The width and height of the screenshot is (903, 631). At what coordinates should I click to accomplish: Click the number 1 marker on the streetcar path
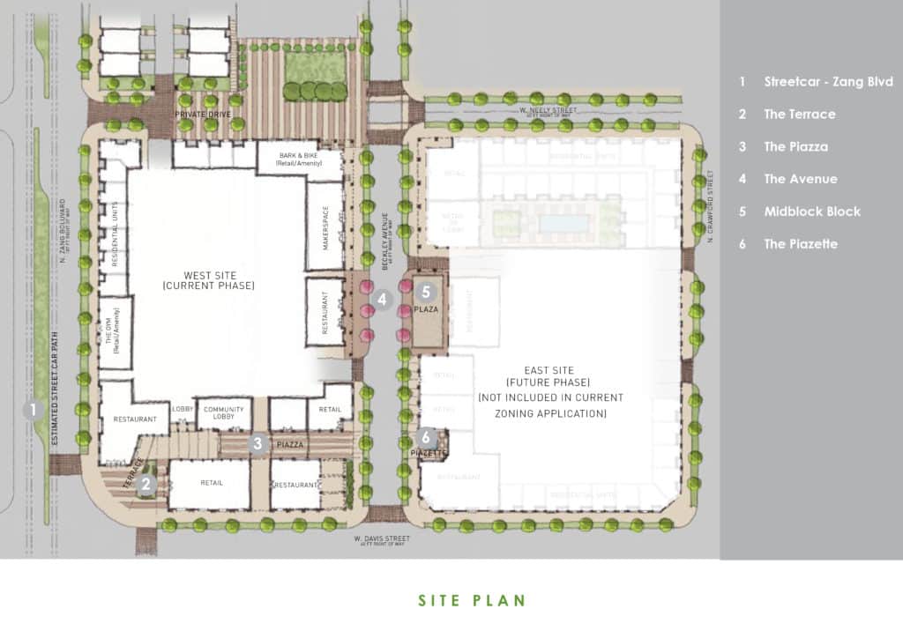pyautogui.click(x=33, y=409)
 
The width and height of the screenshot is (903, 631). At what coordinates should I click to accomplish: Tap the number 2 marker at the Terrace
pyautogui.click(x=147, y=483)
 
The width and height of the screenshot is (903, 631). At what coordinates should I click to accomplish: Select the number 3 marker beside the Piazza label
pyautogui.click(x=257, y=444)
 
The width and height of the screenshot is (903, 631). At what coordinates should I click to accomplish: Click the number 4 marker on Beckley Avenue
pyautogui.click(x=382, y=300)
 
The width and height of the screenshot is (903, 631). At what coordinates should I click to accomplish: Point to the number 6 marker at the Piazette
pyautogui.click(x=427, y=436)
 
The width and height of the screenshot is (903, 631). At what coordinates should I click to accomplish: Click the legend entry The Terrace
pyautogui.click(x=799, y=114)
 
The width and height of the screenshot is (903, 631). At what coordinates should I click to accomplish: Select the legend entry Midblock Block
pyautogui.click(x=811, y=212)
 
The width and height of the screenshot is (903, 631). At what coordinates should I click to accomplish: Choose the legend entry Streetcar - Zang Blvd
pyautogui.click(x=824, y=81)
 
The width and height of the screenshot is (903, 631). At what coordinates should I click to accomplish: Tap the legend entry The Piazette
pyautogui.click(x=801, y=244)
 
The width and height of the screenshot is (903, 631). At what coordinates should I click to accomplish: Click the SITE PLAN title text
pyautogui.click(x=471, y=601)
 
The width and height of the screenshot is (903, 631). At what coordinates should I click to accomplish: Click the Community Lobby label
pyautogui.click(x=223, y=413)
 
